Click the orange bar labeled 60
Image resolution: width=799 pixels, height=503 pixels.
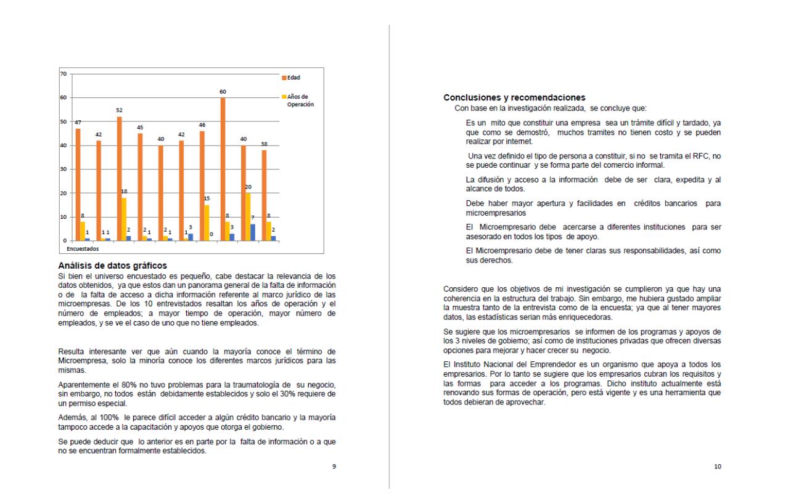coord(223,169)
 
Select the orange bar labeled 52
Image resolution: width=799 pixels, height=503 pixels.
coord(119,178)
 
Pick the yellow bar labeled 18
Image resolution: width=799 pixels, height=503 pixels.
coord(124,219)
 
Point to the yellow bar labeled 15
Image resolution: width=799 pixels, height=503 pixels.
coord(207,223)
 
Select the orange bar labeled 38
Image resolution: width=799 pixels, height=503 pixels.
coord(264,195)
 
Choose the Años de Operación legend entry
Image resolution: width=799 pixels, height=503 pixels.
coord(300,100)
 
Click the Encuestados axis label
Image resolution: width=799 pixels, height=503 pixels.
coord(83,250)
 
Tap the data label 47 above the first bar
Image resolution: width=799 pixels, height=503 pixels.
coord(78,123)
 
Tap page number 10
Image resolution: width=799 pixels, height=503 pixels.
coord(718,467)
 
